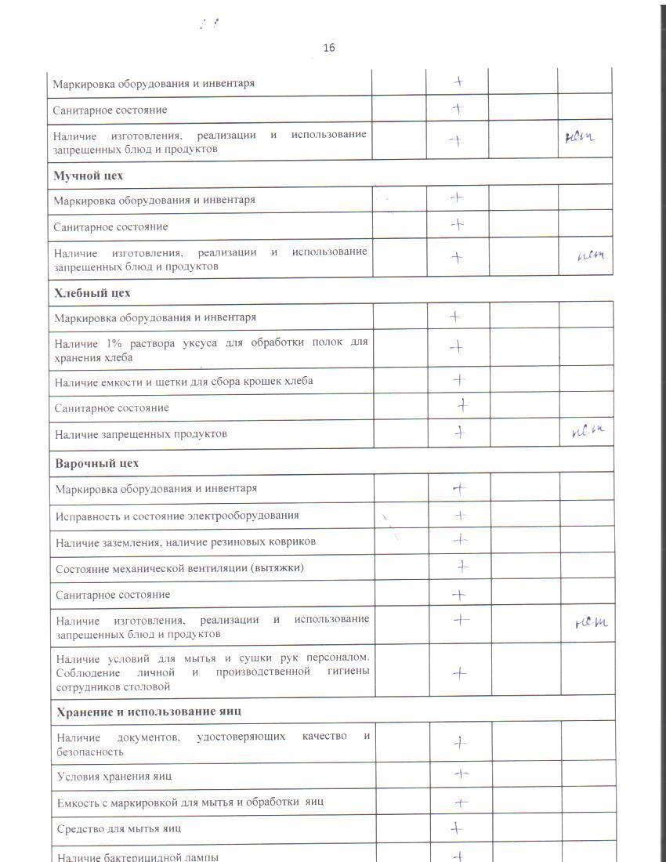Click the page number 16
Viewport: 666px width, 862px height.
click(329, 49)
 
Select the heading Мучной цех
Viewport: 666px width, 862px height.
click(88, 176)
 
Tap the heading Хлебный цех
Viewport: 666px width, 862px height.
click(92, 293)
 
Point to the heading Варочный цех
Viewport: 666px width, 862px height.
click(96, 463)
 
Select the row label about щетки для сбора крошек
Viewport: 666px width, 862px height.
click(184, 382)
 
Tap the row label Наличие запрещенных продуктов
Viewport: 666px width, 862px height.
click(141, 434)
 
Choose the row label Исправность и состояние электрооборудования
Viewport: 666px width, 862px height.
click(177, 516)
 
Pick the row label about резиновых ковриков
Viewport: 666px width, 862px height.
click(186, 541)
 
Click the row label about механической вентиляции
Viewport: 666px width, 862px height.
click(180, 568)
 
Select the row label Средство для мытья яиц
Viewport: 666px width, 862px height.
click(120, 828)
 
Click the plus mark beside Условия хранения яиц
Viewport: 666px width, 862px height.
click(461, 774)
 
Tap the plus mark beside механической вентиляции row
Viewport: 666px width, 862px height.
click(462, 566)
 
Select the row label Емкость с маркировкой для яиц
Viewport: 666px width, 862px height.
click(190, 802)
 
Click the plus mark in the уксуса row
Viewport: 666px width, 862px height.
click(457, 347)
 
